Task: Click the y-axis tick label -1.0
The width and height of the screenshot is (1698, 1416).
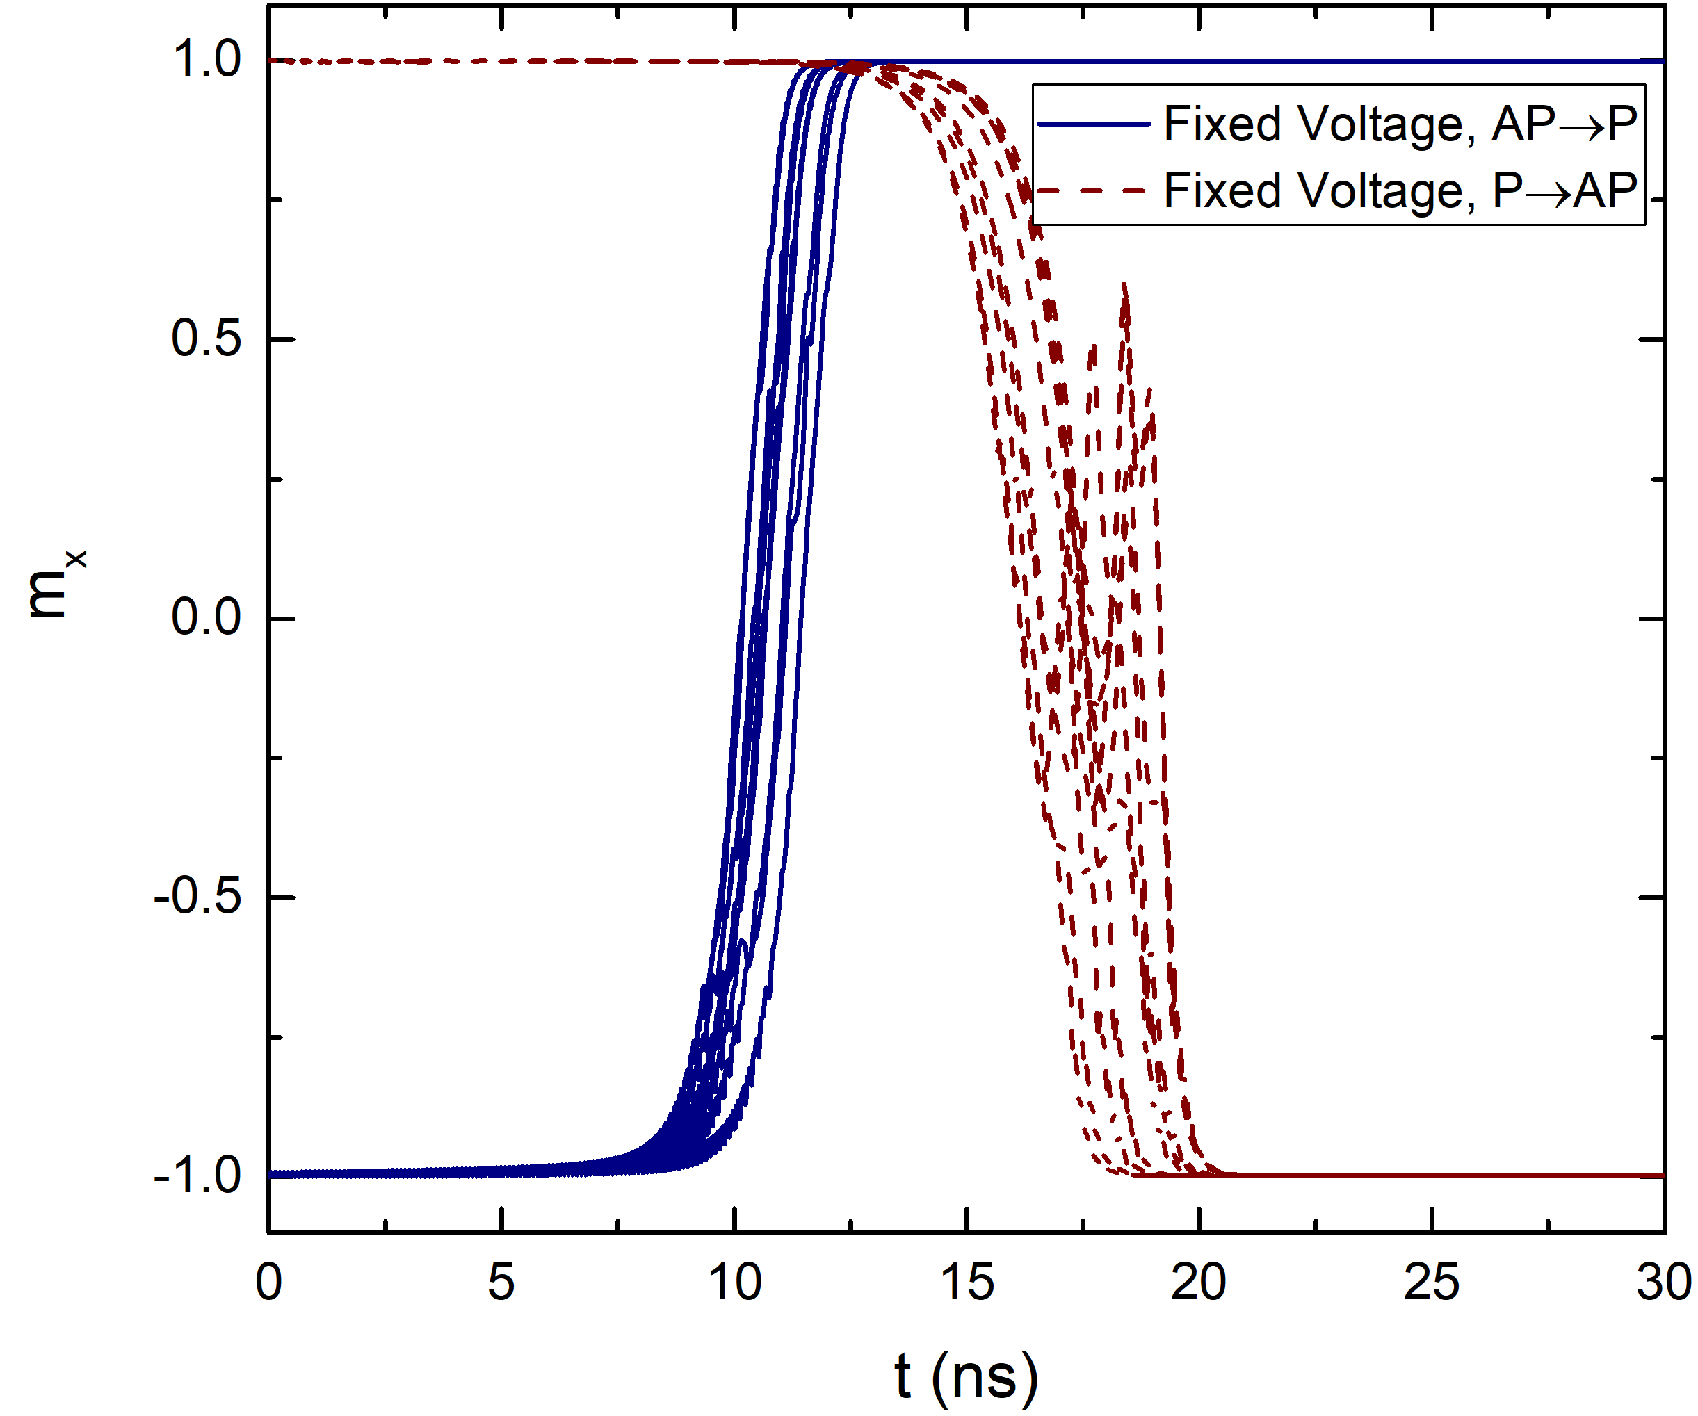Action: coord(197,1175)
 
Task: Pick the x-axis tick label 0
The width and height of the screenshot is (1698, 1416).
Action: coord(268,1283)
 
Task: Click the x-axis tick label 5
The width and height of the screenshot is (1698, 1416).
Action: coord(501,1283)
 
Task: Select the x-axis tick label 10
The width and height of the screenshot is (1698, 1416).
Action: coord(734,1283)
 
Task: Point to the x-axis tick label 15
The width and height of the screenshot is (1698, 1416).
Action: coord(967,1283)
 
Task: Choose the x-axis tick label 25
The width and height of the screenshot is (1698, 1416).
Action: coord(1432,1283)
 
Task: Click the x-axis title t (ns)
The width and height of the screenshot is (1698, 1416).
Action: coord(967,1376)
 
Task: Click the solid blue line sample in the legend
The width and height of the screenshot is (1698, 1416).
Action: coord(1094,124)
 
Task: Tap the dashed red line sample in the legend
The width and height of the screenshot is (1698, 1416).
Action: coord(1094,190)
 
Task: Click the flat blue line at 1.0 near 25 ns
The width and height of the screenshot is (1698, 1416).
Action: coord(1432,61)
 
